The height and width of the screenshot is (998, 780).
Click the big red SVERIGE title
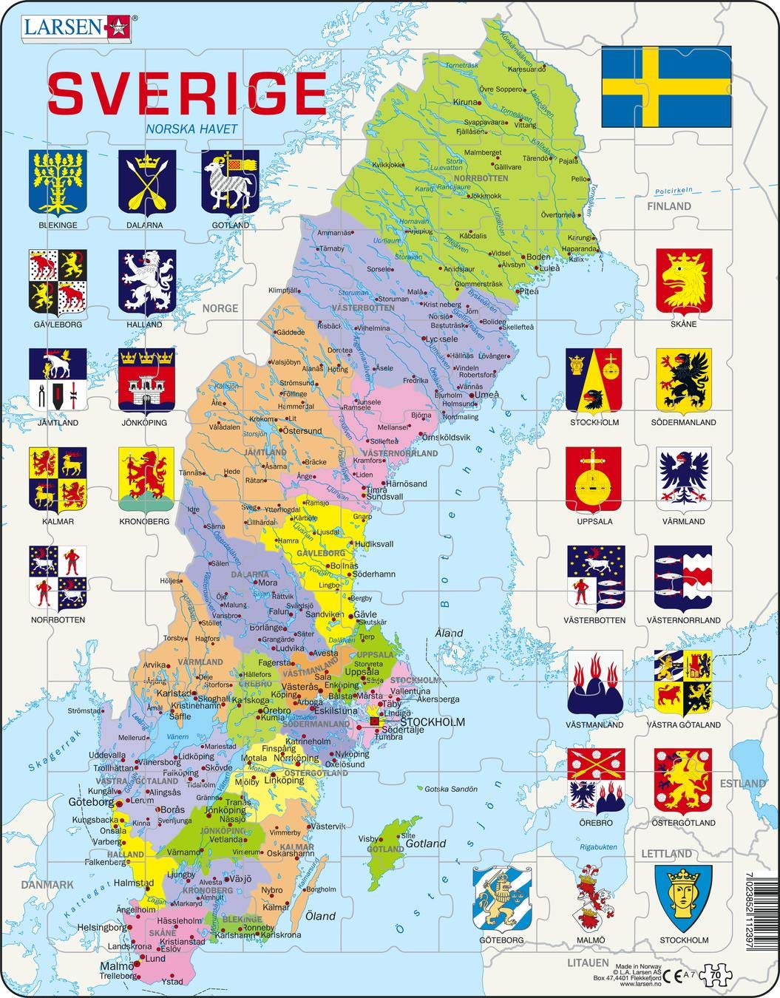point(187,92)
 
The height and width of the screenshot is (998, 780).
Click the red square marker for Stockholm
point(375,722)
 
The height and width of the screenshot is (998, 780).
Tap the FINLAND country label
point(669,207)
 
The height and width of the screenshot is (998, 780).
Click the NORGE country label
point(220,308)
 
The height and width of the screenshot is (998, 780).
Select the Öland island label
point(321,916)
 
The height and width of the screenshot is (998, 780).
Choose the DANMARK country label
point(48,884)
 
